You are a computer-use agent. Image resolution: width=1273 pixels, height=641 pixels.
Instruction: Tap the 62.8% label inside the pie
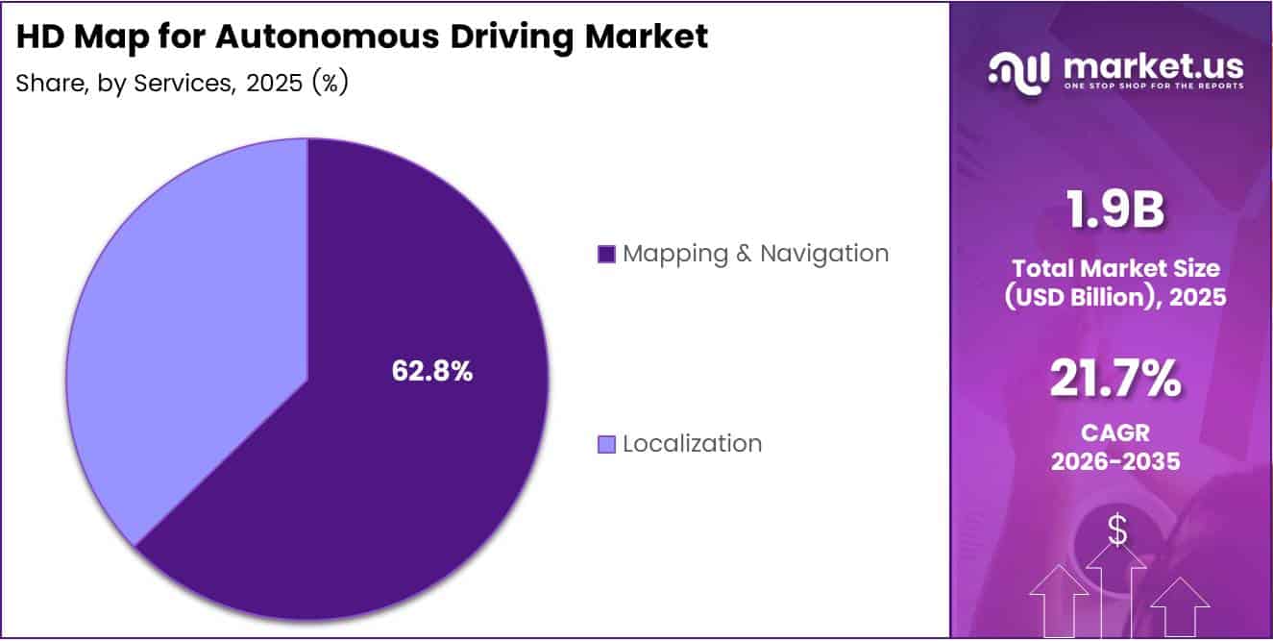click(x=431, y=372)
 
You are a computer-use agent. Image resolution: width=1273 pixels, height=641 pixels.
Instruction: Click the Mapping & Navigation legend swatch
click(x=606, y=255)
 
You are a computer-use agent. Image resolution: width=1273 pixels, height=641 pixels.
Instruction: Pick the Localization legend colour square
click(x=606, y=444)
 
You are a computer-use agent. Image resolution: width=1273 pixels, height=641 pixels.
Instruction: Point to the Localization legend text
click(x=692, y=444)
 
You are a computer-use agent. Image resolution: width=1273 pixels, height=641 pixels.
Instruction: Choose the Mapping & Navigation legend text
click(x=755, y=254)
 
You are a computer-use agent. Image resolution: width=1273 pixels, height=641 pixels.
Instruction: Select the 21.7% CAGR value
click(x=1114, y=379)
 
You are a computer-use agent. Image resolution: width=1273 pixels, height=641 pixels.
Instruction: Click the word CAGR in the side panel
click(x=1114, y=433)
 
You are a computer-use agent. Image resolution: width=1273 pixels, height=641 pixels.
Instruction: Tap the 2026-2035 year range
click(x=1114, y=461)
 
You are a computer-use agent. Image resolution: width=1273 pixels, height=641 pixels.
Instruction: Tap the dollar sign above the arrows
click(x=1117, y=530)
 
